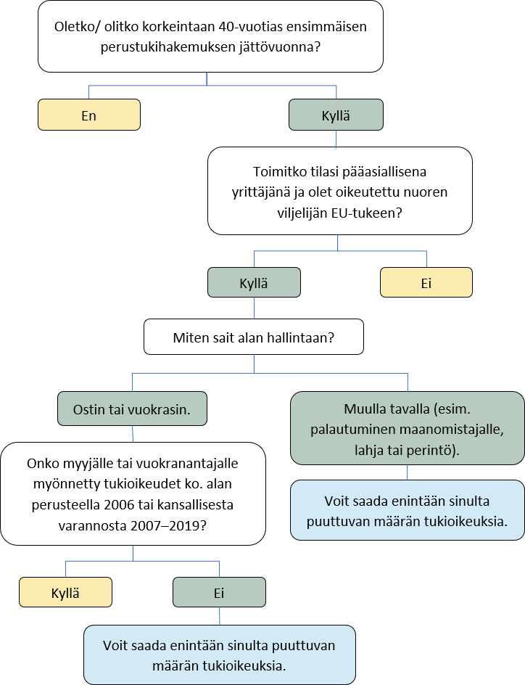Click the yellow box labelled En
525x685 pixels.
click(x=88, y=115)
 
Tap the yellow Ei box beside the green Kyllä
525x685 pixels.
click(x=426, y=283)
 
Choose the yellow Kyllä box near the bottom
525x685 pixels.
click(x=65, y=592)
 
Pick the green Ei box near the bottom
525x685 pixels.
click(x=219, y=592)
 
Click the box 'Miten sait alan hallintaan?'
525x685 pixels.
click(x=253, y=338)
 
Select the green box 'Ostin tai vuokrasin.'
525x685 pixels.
click(x=132, y=408)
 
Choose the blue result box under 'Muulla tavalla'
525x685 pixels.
click(x=407, y=510)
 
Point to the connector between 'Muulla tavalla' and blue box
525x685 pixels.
click(x=407, y=472)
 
